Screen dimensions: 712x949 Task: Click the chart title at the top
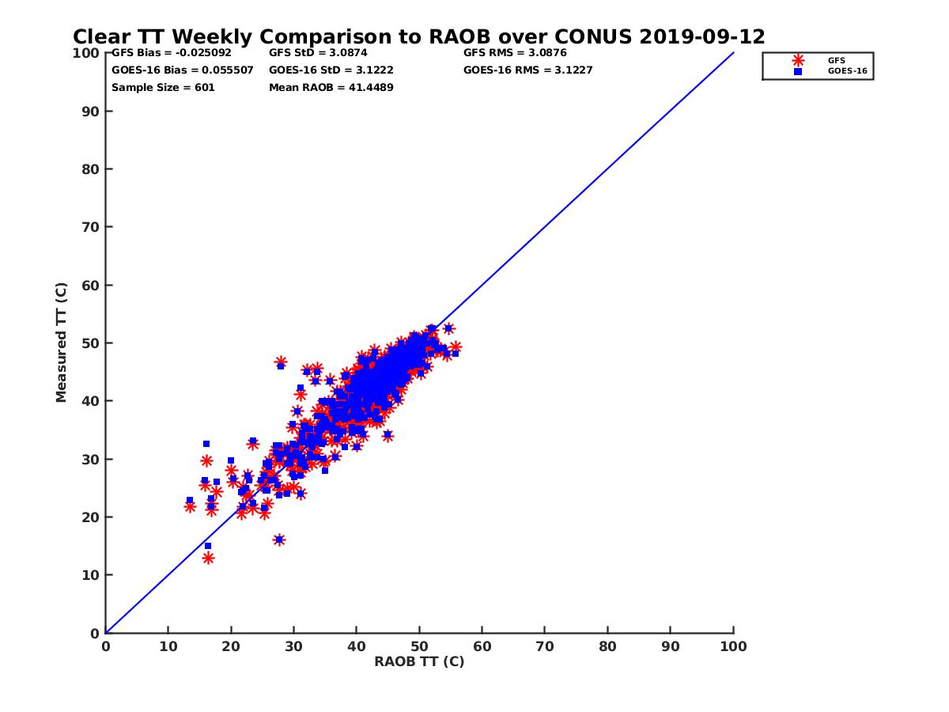pyautogui.click(x=418, y=37)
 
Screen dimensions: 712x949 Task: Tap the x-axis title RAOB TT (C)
pyautogui.click(x=419, y=661)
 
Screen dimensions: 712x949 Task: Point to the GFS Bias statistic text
pyautogui.click(x=172, y=53)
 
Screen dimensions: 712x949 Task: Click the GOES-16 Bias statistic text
pyautogui.click(x=183, y=70)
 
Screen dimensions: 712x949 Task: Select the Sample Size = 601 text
pyautogui.click(x=163, y=88)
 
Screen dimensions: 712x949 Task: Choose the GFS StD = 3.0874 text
pyautogui.click(x=318, y=53)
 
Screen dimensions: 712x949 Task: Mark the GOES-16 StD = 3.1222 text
pyautogui.click(x=331, y=70)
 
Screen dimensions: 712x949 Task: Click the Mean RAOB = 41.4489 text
pyautogui.click(x=331, y=88)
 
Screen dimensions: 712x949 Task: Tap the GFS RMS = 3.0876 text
pyautogui.click(x=515, y=53)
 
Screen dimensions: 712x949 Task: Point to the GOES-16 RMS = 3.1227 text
pyautogui.click(x=527, y=70)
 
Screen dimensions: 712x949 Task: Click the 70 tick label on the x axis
pyautogui.click(x=545, y=646)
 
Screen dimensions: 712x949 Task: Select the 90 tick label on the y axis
pyautogui.click(x=91, y=112)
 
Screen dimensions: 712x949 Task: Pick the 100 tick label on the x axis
pyautogui.click(x=734, y=646)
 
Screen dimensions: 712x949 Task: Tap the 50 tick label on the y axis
pyautogui.click(x=91, y=343)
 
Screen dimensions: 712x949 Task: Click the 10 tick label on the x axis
pyautogui.click(x=168, y=646)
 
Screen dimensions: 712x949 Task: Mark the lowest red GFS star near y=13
pyautogui.click(x=208, y=558)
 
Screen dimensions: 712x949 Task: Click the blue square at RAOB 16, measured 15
pyautogui.click(x=208, y=546)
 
